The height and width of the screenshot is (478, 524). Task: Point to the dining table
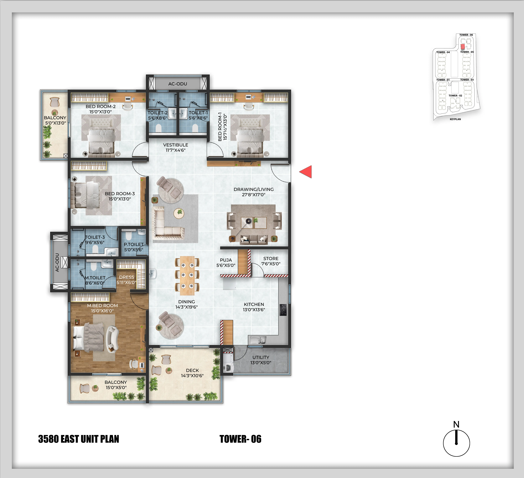tap(187, 276)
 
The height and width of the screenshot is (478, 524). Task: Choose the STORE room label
tap(271, 258)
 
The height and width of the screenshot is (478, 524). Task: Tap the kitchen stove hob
tap(283, 310)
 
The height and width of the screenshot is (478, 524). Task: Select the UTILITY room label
tap(261, 357)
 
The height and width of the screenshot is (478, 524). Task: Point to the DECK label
tap(192, 370)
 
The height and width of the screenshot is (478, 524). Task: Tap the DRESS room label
tap(127, 277)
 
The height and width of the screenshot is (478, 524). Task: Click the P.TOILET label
tap(134, 244)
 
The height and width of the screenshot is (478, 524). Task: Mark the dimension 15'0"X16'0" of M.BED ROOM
tap(102, 311)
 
